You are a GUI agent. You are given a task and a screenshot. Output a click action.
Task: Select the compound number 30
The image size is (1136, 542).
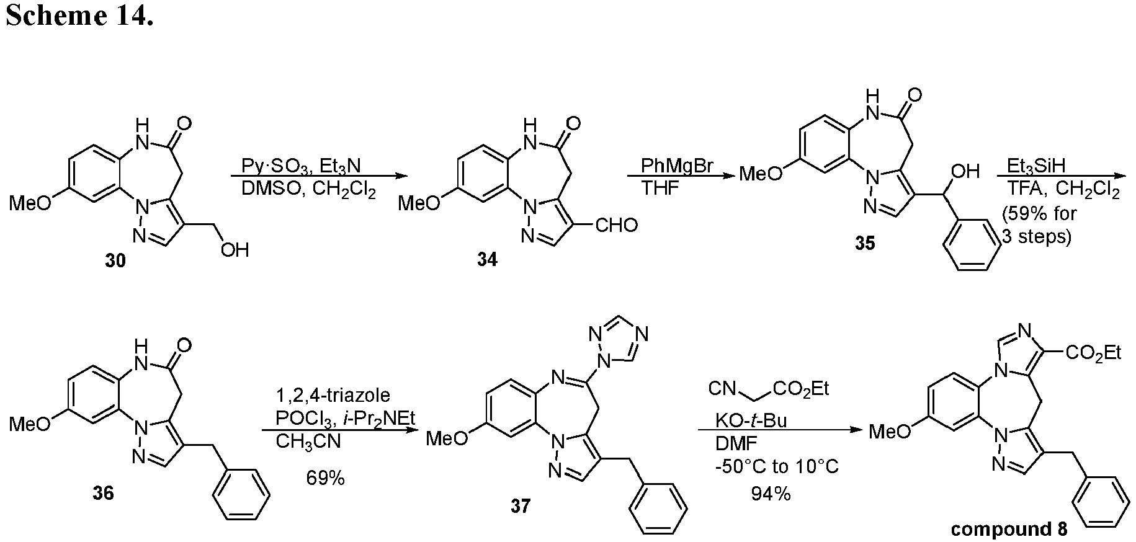pyautogui.click(x=115, y=261)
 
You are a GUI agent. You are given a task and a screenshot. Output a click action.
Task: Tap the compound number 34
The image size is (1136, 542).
pyautogui.click(x=487, y=260)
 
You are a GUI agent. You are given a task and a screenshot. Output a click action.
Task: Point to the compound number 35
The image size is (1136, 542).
pyautogui.click(x=865, y=244)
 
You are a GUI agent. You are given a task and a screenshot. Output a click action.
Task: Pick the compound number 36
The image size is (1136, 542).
pyautogui.click(x=104, y=494)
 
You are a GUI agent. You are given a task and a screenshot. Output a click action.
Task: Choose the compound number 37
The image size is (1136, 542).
pyautogui.click(x=520, y=506)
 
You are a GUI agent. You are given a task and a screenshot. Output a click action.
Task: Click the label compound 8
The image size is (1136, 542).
pyautogui.click(x=1009, y=529)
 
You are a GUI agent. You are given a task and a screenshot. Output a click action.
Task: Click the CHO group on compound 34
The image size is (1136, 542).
pyautogui.click(x=616, y=225)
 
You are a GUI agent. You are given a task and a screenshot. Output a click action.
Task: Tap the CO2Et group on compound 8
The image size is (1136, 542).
pyautogui.click(x=1093, y=353)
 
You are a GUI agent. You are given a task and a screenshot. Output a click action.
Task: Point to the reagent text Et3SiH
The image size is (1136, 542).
pyautogui.click(x=1033, y=167)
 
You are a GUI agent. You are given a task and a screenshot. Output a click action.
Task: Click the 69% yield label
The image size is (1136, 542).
pyautogui.click(x=325, y=478)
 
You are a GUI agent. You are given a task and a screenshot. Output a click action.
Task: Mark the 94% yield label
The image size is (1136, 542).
pyautogui.click(x=771, y=494)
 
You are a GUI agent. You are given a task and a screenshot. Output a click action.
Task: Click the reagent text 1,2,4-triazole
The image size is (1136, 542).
pyautogui.click(x=333, y=395)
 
